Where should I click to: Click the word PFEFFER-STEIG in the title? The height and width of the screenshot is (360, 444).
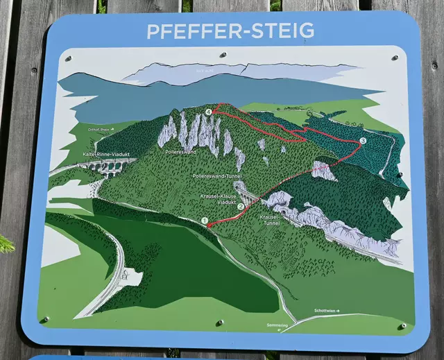230,31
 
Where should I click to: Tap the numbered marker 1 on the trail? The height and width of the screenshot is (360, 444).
205,221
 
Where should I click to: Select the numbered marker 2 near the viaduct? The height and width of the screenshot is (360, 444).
241,205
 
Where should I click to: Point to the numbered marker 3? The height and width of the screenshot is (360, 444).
363,142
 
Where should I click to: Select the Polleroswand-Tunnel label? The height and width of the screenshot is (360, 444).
217,176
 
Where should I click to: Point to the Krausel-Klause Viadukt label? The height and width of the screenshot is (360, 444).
220,200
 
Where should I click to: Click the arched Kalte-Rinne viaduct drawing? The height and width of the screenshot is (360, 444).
108,167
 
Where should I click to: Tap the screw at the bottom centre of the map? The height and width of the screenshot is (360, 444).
221,323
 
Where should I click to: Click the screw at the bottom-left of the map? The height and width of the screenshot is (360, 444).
46,320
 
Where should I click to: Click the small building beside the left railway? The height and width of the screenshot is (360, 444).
131,278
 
